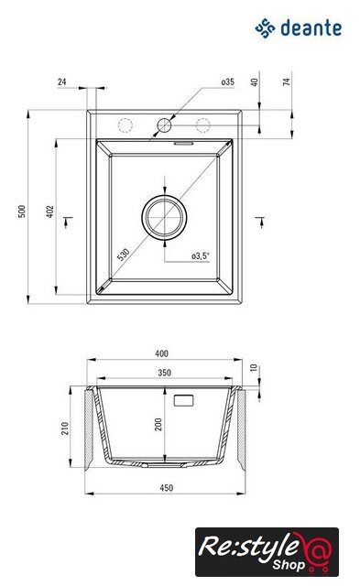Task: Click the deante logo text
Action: pos(311,28)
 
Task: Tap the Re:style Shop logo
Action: pos(267,551)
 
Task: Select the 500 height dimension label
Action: pos(22,212)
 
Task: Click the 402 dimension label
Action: pos(50,212)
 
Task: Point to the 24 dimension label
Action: pos(62,81)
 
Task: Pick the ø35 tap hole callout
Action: pos(228,81)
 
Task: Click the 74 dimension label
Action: pos(287,81)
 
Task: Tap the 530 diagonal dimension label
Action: pos(123,255)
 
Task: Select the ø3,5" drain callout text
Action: pos(201,256)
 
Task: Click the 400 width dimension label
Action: pos(161,353)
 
